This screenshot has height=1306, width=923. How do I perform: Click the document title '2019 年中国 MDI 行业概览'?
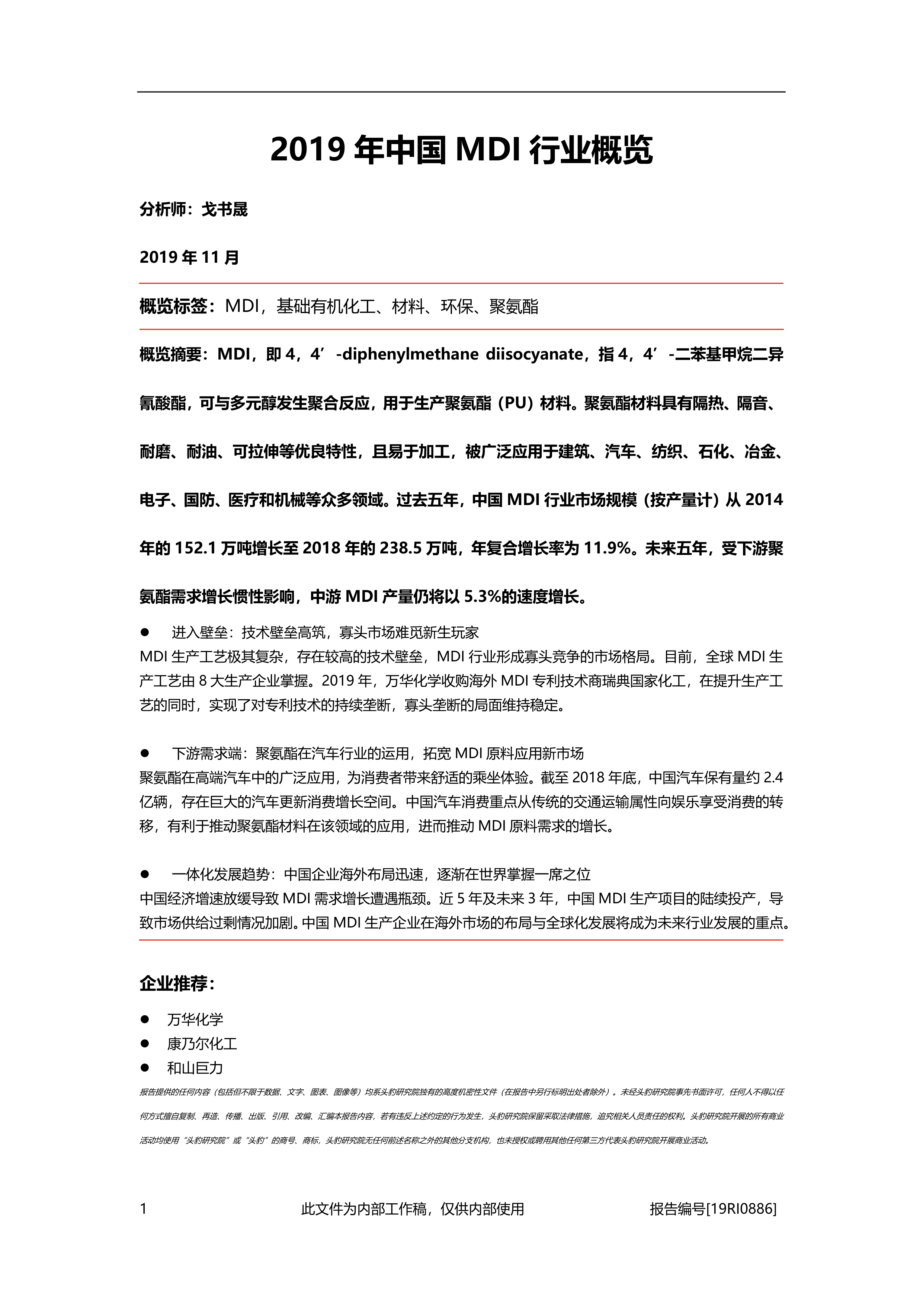(461, 150)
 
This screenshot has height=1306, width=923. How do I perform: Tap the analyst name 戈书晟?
(225, 210)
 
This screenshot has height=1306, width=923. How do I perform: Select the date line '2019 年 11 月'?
(189, 258)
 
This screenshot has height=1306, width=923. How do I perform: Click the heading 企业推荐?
(177, 983)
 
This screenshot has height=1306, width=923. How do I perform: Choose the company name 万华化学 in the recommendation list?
(195, 1020)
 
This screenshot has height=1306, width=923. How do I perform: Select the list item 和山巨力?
(195, 1068)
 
